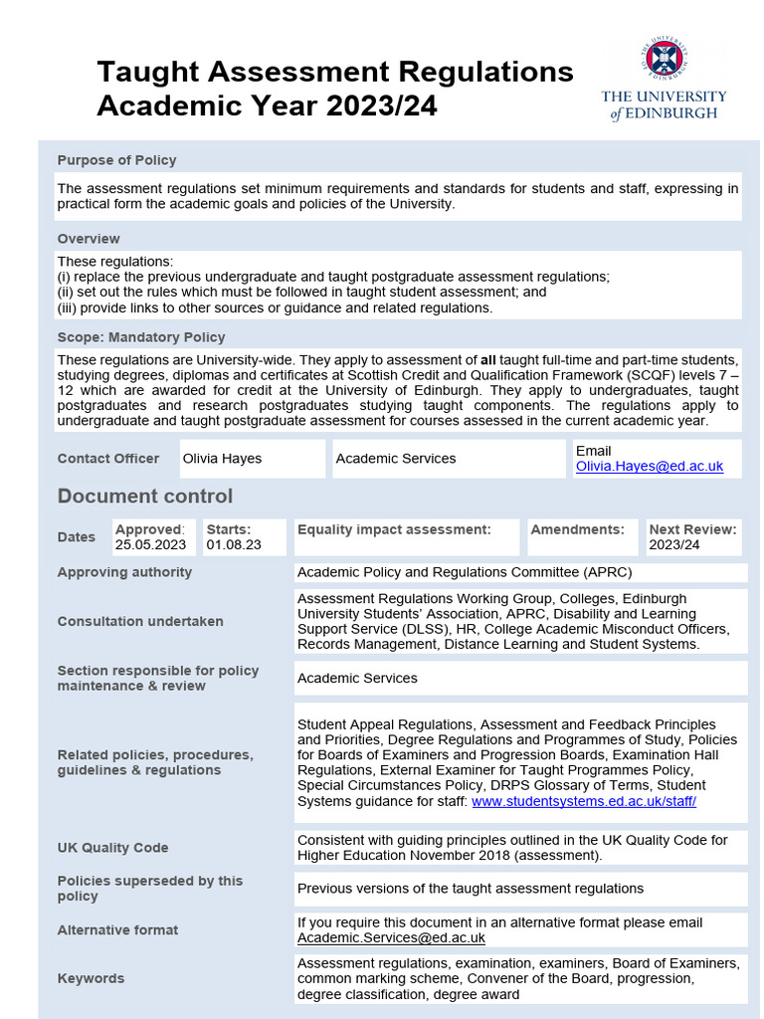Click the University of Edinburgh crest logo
[x=664, y=61]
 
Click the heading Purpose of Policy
[x=116, y=160]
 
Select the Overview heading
[x=89, y=239]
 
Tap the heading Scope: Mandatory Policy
[x=141, y=337]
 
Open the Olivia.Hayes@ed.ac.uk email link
[x=650, y=466]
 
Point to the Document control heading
[x=145, y=496]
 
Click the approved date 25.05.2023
[x=150, y=545]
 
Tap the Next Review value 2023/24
[x=674, y=545]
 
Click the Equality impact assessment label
[x=394, y=529]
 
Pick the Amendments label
[x=577, y=529]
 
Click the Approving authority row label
[x=124, y=572]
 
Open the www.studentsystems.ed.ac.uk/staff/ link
[x=584, y=800]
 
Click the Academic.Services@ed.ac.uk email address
[x=391, y=937]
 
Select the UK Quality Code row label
[x=112, y=848]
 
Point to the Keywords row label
[x=91, y=978]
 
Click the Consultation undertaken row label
[x=140, y=621]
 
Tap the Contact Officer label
[x=108, y=459]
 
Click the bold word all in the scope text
[x=487, y=360]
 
